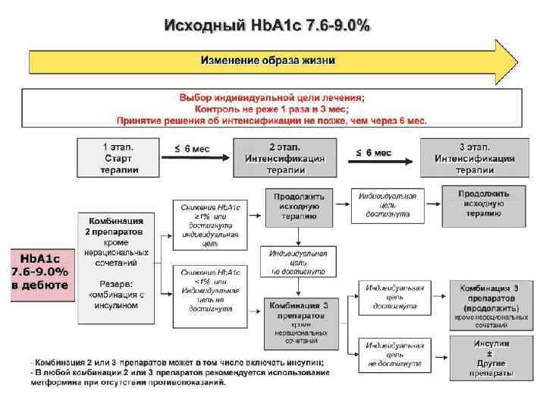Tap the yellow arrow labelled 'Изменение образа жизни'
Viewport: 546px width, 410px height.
tap(268, 59)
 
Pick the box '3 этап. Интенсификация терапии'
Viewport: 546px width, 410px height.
tap(475, 158)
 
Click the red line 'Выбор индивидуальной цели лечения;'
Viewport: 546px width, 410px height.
tap(271, 97)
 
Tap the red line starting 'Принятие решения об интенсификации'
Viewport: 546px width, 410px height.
tap(271, 120)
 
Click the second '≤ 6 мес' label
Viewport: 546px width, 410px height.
tap(374, 153)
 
